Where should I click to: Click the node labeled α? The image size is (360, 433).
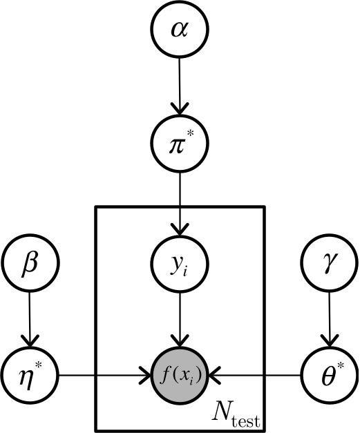click(x=179, y=30)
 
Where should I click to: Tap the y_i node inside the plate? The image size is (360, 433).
click(x=179, y=263)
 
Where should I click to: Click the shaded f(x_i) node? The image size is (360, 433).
click(x=179, y=376)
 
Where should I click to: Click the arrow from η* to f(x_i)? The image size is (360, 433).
click(x=104, y=376)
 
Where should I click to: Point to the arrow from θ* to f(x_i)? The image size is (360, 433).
click(x=256, y=376)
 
